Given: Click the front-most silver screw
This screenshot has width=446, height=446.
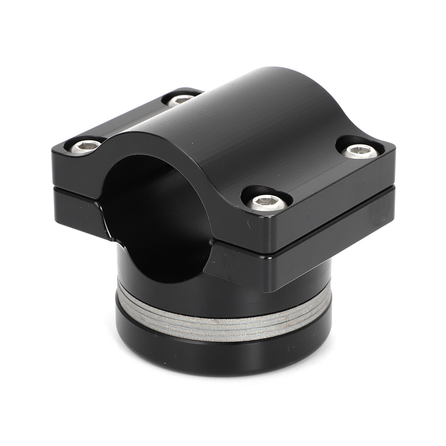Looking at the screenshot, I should (266, 203).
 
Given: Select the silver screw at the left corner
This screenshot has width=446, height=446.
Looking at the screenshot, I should (85, 146).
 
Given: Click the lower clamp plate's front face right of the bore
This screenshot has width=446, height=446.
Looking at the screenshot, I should (250, 267).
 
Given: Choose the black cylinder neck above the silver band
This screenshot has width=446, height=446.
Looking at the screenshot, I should (250, 294).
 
